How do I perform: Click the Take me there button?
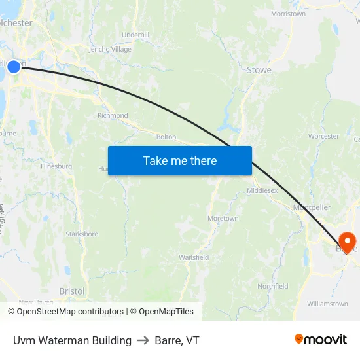[180, 160]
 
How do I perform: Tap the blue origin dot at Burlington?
[14, 66]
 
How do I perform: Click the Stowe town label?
[259, 70]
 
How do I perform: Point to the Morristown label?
[288, 14]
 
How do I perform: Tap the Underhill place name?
[135, 35]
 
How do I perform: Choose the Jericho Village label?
[110, 49]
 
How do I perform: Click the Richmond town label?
[113, 115]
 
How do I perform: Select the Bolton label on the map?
[166, 137]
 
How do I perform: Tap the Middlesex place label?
[262, 190]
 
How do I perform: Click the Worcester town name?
[323, 137]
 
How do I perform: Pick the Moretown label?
[223, 219]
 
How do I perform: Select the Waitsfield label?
[194, 257]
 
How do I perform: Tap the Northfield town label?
[272, 286]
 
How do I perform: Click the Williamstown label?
[327, 304]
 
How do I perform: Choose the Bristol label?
[72, 291]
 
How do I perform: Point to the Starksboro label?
[82, 234]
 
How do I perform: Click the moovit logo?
[321, 340]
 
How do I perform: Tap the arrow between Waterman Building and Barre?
[143, 340]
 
